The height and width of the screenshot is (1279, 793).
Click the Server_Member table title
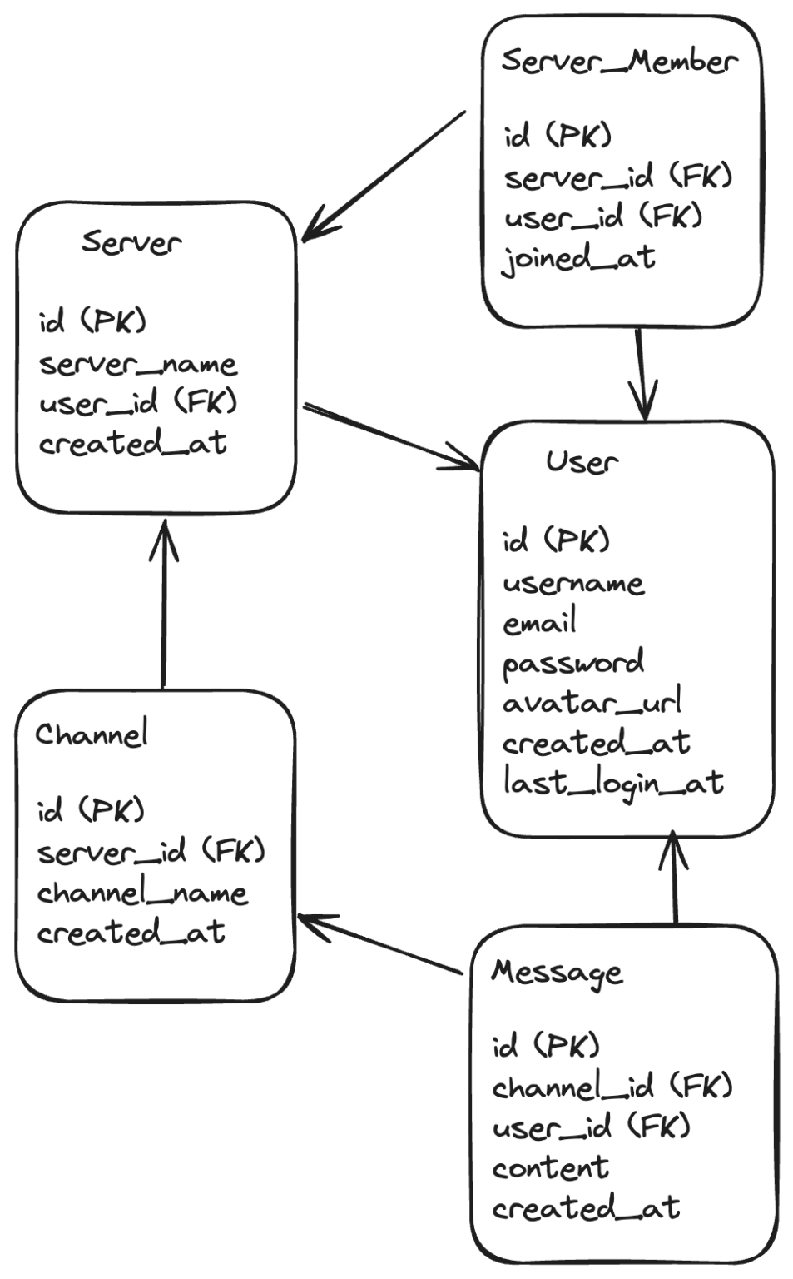point(619,62)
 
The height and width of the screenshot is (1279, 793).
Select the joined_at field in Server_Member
point(579,258)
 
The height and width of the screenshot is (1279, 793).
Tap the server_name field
point(138,364)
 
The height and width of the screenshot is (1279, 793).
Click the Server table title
point(131,242)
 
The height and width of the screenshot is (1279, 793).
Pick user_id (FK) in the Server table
point(138,404)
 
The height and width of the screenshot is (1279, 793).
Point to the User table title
point(582,461)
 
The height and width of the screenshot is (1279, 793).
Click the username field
point(573,583)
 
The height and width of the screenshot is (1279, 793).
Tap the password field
point(573,664)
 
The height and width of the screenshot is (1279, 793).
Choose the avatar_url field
point(592,703)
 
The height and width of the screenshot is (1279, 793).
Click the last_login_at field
point(613,784)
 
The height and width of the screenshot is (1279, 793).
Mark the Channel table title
point(92,734)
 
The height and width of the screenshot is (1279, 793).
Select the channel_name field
point(142,893)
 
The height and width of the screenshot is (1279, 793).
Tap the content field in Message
point(550,1168)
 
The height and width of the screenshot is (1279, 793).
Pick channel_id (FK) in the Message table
point(612,1087)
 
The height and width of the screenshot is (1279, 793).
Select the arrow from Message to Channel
point(379,944)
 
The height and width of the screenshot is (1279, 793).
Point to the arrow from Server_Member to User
point(641,375)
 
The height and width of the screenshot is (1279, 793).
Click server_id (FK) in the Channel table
point(151,852)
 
